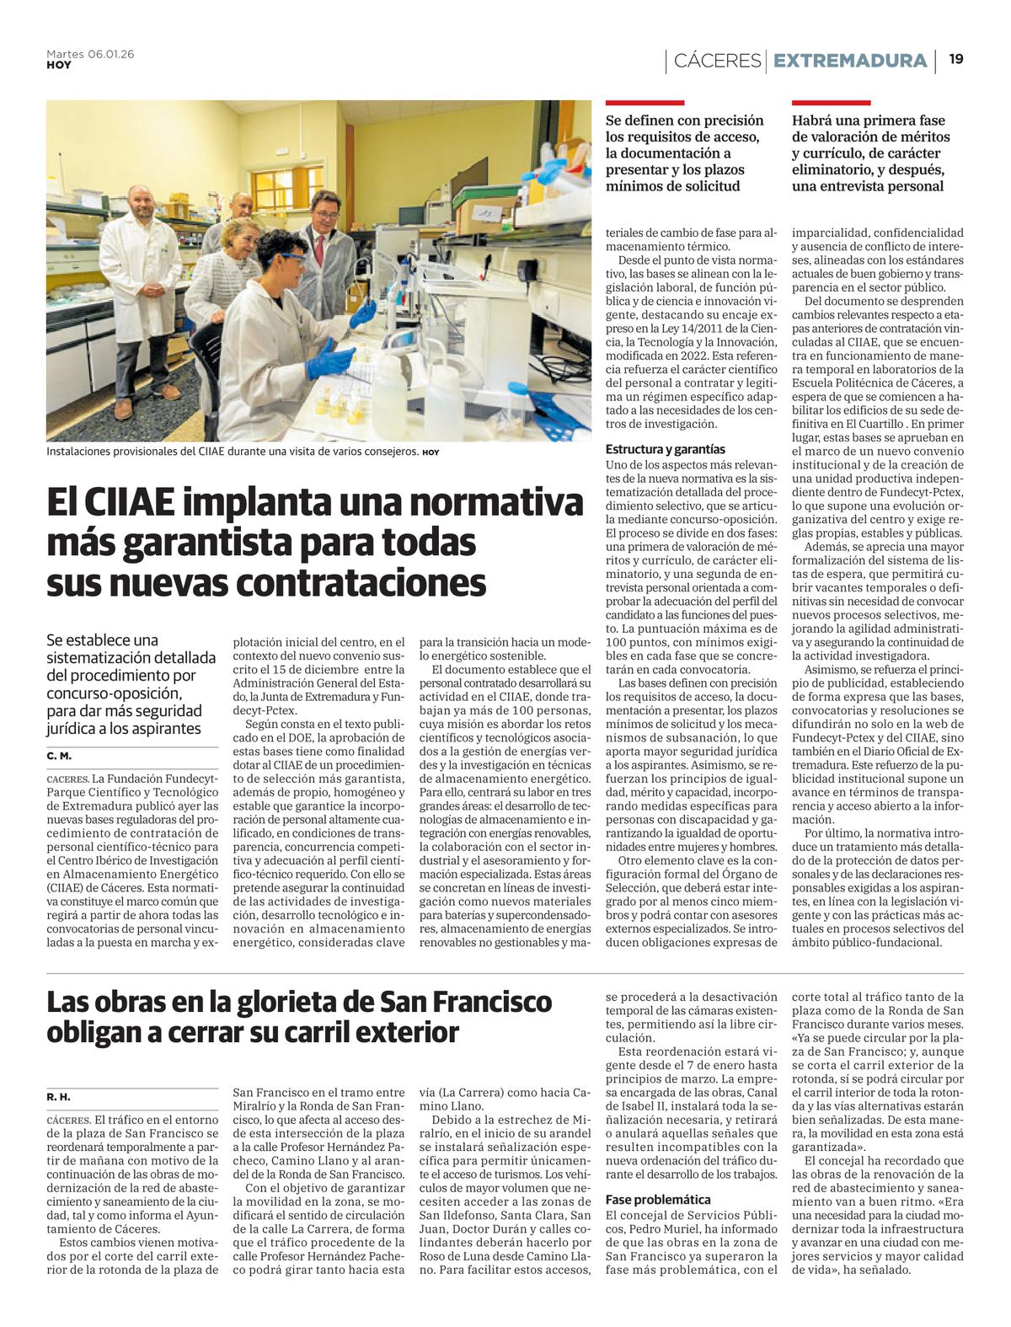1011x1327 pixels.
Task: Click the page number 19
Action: click(956, 59)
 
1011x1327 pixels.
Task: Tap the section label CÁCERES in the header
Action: click(717, 61)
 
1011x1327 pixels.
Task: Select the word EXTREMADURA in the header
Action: click(849, 61)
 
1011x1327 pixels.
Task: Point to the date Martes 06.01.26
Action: click(90, 54)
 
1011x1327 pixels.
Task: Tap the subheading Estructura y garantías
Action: click(666, 450)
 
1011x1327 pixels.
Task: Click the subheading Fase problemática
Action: click(658, 1200)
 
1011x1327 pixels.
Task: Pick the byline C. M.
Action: click(59, 757)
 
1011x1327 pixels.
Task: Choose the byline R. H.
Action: click(59, 1097)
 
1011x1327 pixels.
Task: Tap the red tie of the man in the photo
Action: click(320, 249)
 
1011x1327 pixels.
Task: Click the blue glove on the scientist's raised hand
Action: click(364, 313)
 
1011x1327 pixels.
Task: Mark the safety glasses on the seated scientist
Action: click(289, 259)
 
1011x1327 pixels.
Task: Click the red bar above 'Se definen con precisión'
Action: click(645, 103)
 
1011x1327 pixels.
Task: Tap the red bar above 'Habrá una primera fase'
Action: click(831, 103)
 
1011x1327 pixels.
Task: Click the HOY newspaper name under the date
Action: click(59, 65)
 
